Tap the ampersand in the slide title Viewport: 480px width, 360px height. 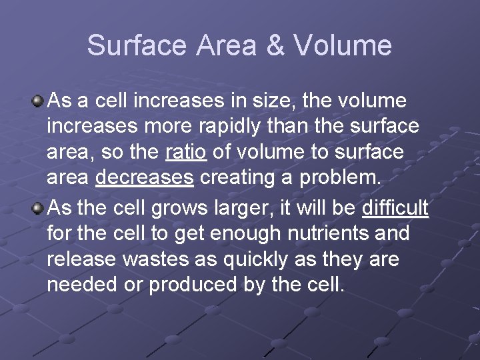[x=275, y=46]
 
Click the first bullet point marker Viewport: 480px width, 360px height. [x=39, y=101]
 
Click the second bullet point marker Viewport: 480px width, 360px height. [x=39, y=208]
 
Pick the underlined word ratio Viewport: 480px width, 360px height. [x=185, y=152]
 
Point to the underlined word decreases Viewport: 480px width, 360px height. [x=145, y=177]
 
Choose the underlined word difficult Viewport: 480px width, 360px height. [x=395, y=208]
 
